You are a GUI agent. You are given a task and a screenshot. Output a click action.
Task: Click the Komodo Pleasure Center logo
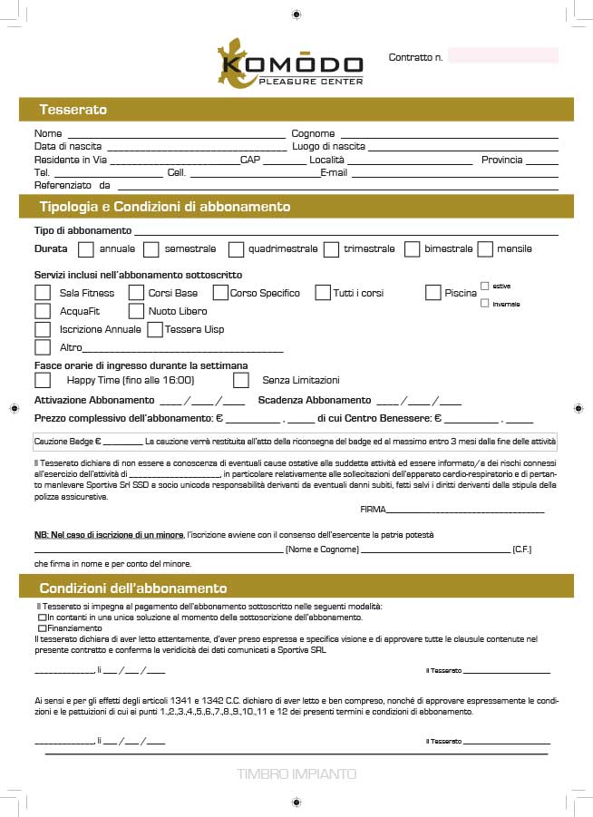pos(289,64)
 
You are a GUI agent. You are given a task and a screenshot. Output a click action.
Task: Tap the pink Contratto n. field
pos(502,56)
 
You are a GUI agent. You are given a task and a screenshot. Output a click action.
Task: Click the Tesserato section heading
pos(73,110)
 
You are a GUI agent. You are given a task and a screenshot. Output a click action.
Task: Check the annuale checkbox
pos(86,248)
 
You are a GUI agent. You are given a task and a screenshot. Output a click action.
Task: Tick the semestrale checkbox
pos(151,248)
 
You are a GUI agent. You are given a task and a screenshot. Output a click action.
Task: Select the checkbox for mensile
pos(484,248)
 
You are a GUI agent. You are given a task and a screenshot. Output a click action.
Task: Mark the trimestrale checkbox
pos(331,248)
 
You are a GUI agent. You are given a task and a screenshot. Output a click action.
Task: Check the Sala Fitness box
pos(43,293)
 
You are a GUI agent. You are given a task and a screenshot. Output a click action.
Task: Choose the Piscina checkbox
pos(433,293)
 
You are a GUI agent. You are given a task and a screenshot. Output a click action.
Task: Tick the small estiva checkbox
pos(485,286)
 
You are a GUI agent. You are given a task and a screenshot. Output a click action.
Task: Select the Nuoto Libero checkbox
pos(136,311)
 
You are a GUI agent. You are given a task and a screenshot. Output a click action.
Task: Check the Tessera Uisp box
pos(155,329)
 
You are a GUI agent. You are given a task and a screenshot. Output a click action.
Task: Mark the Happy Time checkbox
pos(43,380)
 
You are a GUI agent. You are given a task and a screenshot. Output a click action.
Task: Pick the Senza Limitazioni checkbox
pos(241,380)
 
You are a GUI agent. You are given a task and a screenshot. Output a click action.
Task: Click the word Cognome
pos(313,133)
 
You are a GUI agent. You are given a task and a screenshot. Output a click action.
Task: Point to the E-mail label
pos(334,172)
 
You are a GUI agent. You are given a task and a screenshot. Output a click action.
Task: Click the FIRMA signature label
pos(373,510)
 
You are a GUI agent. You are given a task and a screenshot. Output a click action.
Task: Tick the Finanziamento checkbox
pos(42,627)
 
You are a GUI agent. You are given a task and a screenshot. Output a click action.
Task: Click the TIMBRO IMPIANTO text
pos(296,774)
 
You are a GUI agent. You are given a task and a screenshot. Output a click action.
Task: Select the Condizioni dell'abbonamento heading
pos(132,588)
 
